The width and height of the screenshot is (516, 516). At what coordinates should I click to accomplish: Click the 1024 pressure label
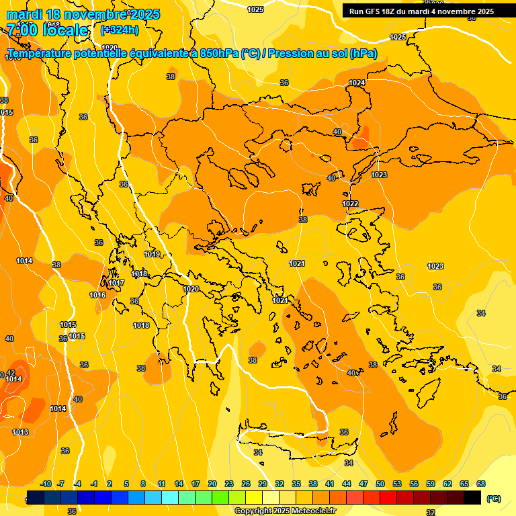pyautogui.click(x=357, y=83)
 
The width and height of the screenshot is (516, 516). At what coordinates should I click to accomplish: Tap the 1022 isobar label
pyautogui.click(x=350, y=204)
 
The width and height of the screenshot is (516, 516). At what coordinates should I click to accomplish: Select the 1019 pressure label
pyautogui.click(x=152, y=254)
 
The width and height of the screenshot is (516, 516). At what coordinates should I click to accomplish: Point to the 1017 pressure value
pyautogui.click(x=116, y=283)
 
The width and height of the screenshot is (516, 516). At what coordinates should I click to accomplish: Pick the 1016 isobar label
pyautogui.click(x=97, y=295)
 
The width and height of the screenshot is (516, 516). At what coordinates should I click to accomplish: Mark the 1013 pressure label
pyautogui.click(x=20, y=432)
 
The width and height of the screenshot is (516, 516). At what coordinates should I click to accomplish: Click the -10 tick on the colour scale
pyautogui.click(x=46, y=484)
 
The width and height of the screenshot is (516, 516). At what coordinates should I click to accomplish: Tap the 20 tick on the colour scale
pyautogui.click(x=212, y=484)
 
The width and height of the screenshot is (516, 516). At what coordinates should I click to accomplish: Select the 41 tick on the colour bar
pyautogui.click(x=330, y=484)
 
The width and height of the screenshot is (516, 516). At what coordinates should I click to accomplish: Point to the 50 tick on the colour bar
pyautogui.click(x=380, y=484)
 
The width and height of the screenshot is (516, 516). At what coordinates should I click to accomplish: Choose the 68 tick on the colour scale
pyautogui.click(x=481, y=484)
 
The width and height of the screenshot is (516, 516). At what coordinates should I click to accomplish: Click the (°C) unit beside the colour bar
pyautogui.click(x=494, y=499)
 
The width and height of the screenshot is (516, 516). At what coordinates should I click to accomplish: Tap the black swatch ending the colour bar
pyautogui.click(x=472, y=497)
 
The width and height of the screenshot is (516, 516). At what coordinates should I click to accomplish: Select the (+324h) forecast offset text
pyautogui.click(x=119, y=30)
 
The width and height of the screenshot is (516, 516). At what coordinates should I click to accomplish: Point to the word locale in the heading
pyautogui.click(x=65, y=30)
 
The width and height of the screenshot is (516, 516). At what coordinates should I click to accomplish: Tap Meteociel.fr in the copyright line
pyautogui.click(x=310, y=511)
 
